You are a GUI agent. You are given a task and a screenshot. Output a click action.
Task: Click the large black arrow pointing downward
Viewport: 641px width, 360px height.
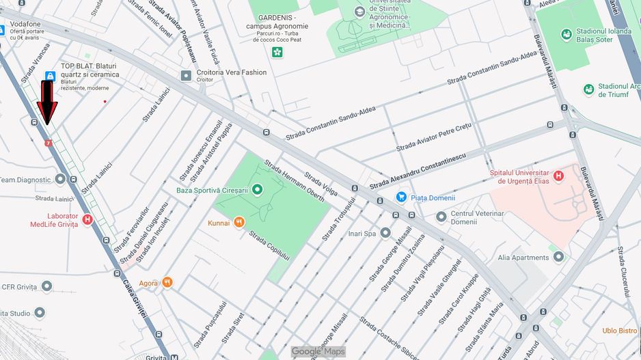(x=46, y=102)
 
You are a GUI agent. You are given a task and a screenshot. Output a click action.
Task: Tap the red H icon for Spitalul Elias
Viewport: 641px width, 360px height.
(x=558, y=176)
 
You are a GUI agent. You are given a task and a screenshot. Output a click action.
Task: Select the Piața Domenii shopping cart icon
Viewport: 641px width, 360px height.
(x=401, y=197)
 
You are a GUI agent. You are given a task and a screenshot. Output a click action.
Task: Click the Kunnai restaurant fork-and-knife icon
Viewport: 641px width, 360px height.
(x=238, y=222)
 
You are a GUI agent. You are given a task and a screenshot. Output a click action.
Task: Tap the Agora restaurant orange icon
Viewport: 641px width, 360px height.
(x=167, y=282)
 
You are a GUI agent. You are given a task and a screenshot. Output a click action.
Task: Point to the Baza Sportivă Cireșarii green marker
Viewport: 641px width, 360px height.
(x=257, y=189)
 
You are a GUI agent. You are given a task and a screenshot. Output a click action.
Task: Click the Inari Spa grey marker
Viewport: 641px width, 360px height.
(x=385, y=233)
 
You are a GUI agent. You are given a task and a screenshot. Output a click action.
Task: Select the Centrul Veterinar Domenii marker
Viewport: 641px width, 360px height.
(x=441, y=217)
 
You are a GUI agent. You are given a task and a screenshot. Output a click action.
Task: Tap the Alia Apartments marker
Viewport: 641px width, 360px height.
(x=559, y=257)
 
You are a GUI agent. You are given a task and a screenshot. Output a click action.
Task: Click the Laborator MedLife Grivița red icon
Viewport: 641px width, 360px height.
(x=87, y=219)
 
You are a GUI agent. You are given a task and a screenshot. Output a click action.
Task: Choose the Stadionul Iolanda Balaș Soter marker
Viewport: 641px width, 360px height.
(x=566, y=35)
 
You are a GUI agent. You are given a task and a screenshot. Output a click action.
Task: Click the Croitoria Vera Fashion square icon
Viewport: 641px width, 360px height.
(x=186, y=75)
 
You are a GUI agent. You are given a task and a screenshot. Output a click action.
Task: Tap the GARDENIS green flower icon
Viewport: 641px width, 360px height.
(x=277, y=52)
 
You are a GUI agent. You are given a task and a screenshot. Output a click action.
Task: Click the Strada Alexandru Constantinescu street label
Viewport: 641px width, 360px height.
(x=418, y=171)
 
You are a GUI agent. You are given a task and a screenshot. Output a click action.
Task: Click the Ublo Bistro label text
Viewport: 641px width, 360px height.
(x=619, y=331)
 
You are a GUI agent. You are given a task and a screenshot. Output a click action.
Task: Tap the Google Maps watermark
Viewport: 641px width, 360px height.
(x=318, y=351)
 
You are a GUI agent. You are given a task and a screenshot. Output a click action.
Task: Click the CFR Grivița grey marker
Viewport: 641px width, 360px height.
(x=46, y=286)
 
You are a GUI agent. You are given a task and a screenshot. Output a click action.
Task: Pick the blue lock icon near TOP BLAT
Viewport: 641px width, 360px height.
(x=50, y=75)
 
